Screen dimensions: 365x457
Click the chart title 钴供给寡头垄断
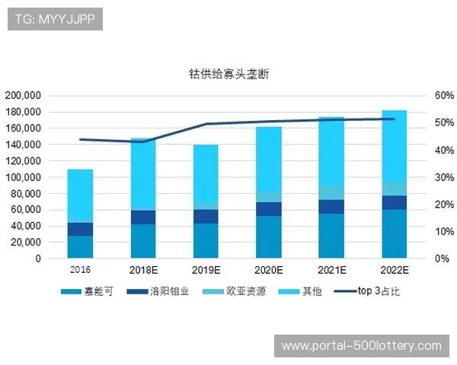tap(228, 75)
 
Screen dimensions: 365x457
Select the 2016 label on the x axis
tap(80, 270)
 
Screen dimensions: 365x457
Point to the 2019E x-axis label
tap(206, 270)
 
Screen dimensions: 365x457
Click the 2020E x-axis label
tap(268, 270)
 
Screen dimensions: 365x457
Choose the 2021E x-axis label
tap(331, 270)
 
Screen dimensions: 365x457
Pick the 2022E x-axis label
tap(394, 270)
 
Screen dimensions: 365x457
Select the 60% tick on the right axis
tap(423, 96)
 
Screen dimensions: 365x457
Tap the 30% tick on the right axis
tap(423, 177)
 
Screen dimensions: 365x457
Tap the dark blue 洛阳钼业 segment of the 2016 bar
tap(80, 229)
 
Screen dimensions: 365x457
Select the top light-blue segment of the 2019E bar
tap(206, 173)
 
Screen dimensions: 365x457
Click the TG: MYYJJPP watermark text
tap(55, 19)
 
